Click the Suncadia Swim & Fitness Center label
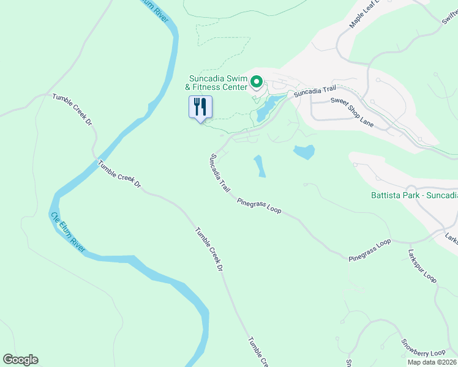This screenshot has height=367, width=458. pos(218,83)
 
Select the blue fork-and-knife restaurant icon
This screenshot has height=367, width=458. pos(200,108)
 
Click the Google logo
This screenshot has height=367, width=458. pos(20,360)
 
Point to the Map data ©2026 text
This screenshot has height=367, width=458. pos(432,362)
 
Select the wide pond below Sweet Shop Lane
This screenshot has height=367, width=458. pos(304,152)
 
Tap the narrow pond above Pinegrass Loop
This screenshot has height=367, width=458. pos(260,166)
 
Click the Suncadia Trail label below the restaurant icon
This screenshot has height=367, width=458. pos(220,174)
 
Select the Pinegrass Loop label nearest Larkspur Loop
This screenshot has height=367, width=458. pos(370,251)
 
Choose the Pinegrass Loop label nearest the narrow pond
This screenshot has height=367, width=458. pos(259,206)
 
